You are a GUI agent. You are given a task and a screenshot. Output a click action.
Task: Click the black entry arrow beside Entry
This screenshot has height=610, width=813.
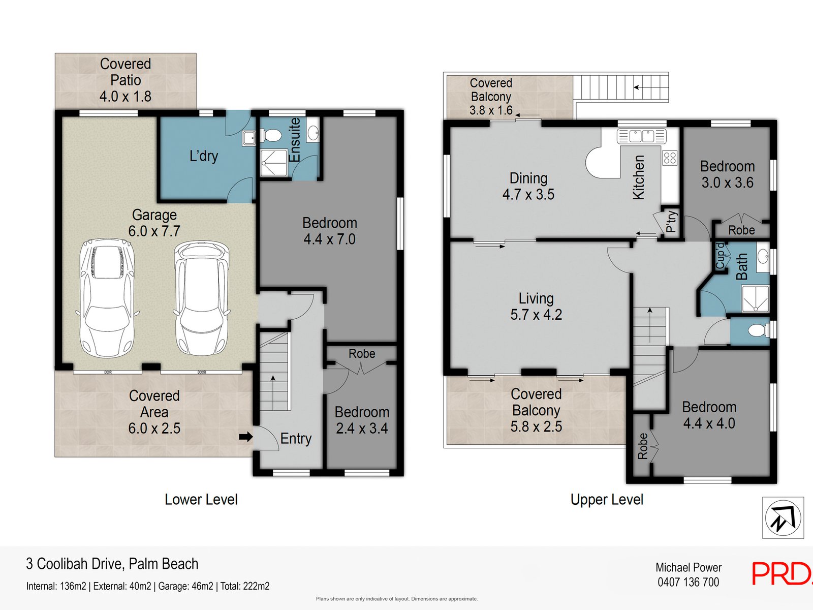pos(245,437)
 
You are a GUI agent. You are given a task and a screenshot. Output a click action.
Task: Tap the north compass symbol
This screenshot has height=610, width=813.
pos(783,517)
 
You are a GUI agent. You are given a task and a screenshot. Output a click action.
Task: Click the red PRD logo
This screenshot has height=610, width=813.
pos(782,573)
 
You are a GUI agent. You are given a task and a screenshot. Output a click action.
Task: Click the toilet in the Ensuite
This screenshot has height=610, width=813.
pos(271,135)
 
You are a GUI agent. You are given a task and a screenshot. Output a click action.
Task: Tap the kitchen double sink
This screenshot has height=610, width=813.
pos(642,136)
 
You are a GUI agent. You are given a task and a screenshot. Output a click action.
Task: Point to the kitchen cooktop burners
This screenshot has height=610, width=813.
pos(670,158)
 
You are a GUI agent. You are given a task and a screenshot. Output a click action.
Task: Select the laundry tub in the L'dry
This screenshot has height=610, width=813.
pos(248,138)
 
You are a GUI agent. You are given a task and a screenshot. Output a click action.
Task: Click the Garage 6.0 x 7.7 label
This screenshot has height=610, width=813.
pos(154,223)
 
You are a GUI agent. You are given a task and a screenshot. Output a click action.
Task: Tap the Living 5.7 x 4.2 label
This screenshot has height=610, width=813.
pos(536,307)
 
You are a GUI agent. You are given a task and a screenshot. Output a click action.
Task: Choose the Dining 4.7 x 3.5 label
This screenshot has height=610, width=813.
pos(528,186)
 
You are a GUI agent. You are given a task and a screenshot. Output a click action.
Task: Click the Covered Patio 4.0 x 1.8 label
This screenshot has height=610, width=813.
pos(126,80)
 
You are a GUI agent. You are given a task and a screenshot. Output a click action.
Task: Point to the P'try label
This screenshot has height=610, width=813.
pos(671,222)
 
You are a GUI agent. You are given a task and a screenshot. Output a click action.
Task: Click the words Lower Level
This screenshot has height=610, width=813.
pos(201,499)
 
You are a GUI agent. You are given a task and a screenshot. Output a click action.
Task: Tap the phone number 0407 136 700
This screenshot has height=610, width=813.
pos(689,582)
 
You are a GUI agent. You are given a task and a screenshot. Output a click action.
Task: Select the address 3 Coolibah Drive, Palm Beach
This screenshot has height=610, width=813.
pos(112,564)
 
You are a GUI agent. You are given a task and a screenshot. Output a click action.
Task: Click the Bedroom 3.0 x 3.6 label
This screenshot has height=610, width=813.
pos(728,174)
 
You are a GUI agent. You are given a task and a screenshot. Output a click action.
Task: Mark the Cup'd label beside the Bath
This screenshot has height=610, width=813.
pos(720,256)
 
